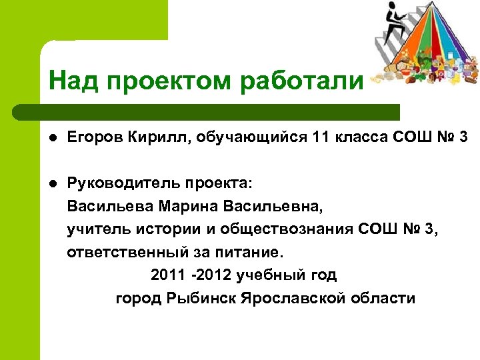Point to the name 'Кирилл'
pyautogui.click(x=141, y=138)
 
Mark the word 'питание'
pyautogui.click(x=251, y=253)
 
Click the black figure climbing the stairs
pyautogui.click(x=392, y=17)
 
